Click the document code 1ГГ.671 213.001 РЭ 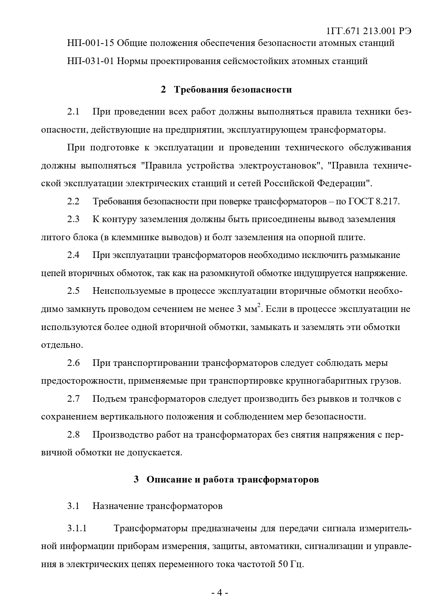click(369, 31)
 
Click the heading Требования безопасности click(233, 90)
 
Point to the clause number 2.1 click(73, 112)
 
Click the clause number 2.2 click(73, 202)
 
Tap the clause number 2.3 click(73, 219)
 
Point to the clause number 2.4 click(73, 255)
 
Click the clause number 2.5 click(73, 291)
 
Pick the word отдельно click(61, 345)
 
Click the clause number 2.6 click(73, 363)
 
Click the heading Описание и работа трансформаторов click(233, 479)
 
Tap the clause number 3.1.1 click(77, 528)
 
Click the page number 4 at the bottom click(220, 593)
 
